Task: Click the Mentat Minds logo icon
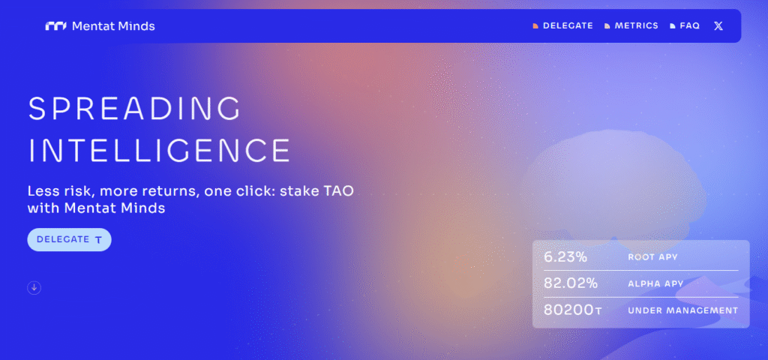click(x=55, y=26)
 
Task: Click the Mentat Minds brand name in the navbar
click(x=113, y=26)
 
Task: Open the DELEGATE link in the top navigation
click(x=568, y=26)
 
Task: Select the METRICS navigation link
click(x=637, y=26)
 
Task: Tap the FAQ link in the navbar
click(x=690, y=26)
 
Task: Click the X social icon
click(x=718, y=26)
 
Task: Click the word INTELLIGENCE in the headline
click(x=159, y=150)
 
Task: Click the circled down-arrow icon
click(x=34, y=288)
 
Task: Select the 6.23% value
click(x=565, y=256)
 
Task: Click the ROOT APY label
click(x=653, y=257)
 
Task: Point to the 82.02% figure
click(x=571, y=283)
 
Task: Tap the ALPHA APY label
click(x=655, y=284)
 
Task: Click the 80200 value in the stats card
click(x=568, y=310)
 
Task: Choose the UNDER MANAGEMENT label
click(x=682, y=310)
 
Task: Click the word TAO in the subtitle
click(x=337, y=191)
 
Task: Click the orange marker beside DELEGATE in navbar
click(x=535, y=26)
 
